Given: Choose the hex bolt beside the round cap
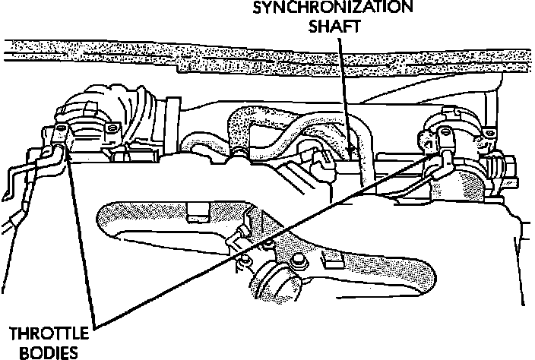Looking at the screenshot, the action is [301, 261].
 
